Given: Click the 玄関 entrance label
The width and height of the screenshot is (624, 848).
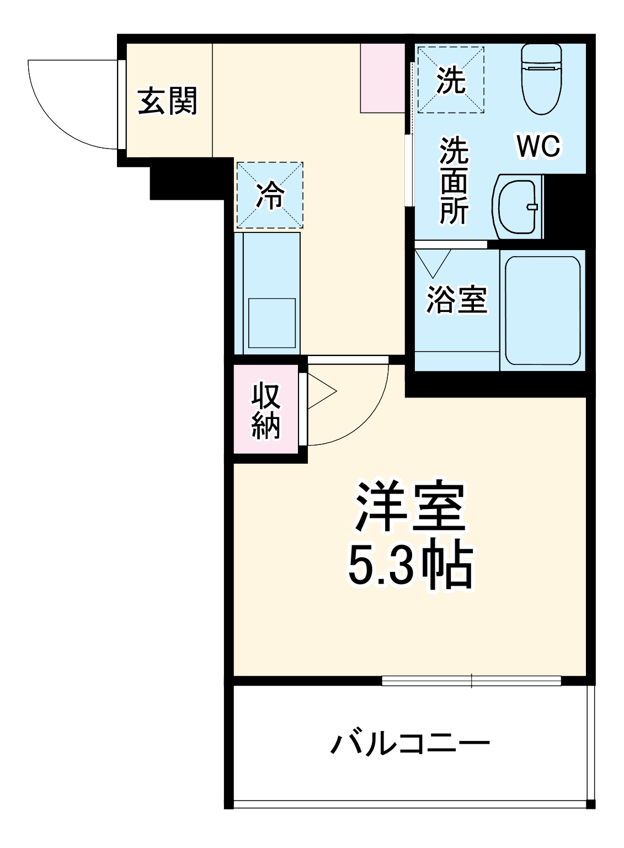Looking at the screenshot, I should click(x=167, y=101).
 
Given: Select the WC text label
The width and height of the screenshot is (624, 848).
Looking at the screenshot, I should click(x=538, y=146).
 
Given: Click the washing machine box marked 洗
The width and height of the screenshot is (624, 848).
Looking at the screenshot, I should click(x=451, y=80).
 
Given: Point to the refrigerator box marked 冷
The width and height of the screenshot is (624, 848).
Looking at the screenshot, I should click(x=270, y=195).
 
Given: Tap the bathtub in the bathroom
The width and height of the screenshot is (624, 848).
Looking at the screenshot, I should click(x=543, y=310).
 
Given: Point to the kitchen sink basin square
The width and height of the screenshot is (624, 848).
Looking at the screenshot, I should click(x=272, y=323).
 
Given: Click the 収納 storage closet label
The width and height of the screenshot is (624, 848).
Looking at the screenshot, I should click(x=266, y=411).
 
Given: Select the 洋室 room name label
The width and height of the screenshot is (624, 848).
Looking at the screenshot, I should click(x=410, y=507).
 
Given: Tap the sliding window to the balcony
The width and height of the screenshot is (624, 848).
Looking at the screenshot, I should click(x=471, y=681).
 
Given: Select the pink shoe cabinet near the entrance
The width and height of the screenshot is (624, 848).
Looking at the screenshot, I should click(x=382, y=78).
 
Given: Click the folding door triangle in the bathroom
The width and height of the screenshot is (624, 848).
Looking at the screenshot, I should click(x=433, y=262).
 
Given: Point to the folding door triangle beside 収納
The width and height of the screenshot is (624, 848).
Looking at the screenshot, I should click(x=320, y=392).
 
